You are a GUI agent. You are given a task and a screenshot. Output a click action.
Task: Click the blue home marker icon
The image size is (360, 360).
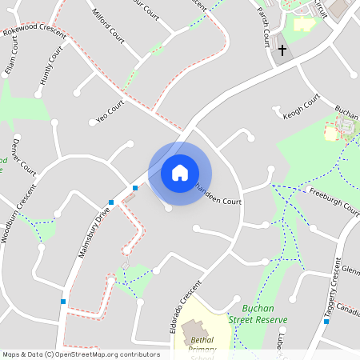pyautogui.click(x=180, y=173)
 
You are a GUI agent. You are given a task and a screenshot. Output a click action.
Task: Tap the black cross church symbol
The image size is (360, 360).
pyautogui.click(x=282, y=51)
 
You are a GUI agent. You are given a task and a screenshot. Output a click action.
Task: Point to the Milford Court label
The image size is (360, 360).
pyautogui.click(x=109, y=26)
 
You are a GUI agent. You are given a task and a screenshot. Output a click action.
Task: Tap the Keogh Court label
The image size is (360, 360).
pyautogui.click(x=301, y=106)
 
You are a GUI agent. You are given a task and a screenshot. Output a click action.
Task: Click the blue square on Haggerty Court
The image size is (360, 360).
pyautogui.click(x=326, y=321)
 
